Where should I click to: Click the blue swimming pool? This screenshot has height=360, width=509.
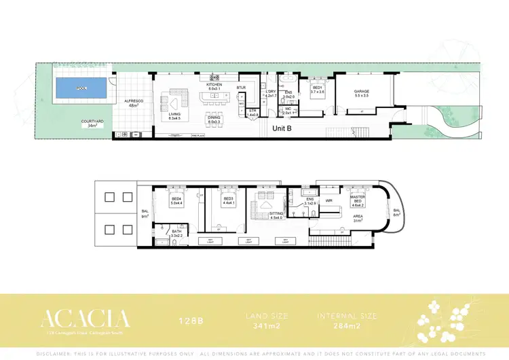(81, 88)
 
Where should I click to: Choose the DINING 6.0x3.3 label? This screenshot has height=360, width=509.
(214, 120)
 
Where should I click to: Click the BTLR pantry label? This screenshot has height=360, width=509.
(241, 88)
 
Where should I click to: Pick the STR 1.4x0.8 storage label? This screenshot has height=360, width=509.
(252, 113)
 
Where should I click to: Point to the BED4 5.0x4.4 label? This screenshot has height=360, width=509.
(176, 201)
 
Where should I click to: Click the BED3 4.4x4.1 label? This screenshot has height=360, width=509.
(228, 201)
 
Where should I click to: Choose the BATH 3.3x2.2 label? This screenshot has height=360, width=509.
(176, 233)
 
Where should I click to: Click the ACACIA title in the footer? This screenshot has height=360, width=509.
(85, 318)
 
